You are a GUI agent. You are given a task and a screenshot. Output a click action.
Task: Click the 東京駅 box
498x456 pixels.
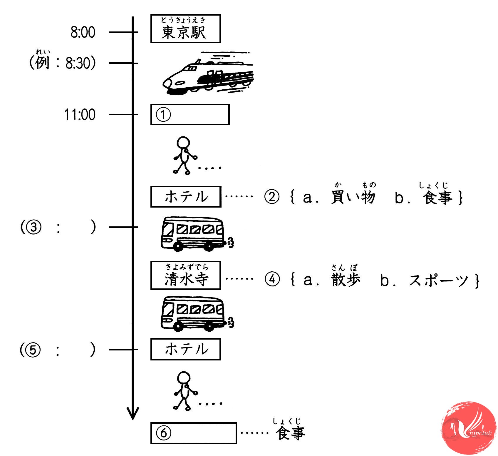pos(185,29)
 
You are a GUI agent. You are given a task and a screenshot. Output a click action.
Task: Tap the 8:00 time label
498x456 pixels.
pos(83,32)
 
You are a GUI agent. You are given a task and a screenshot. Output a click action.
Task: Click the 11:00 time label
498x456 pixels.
pos(80,114)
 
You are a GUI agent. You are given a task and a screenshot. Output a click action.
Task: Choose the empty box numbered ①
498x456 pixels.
pos(190,115)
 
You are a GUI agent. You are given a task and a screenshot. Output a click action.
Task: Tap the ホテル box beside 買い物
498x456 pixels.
pos(186,197)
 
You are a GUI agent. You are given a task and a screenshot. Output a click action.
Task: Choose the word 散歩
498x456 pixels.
pos(346,279)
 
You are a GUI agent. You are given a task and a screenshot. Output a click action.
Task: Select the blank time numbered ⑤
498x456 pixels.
pos(58,350)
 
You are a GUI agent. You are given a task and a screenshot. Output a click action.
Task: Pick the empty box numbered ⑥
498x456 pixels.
pos(193,433)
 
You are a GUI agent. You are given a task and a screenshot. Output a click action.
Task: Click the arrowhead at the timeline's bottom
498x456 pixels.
pos(133,413)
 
